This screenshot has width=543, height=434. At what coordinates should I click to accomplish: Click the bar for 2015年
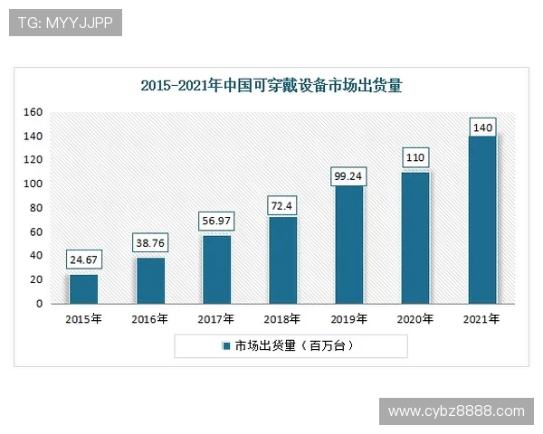click(x=83, y=288)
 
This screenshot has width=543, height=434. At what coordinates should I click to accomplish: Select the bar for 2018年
click(x=283, y=260)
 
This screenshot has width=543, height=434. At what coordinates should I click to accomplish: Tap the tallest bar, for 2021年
click(x=482, y=220)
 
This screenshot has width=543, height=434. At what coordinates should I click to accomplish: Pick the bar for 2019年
click(x=349, y=244)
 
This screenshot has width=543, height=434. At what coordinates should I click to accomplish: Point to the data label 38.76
click(x=150, y=244)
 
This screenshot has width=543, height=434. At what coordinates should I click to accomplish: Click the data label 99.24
click(x=349, y=174)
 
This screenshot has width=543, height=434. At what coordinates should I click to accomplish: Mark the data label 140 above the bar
click(x=482, y=128)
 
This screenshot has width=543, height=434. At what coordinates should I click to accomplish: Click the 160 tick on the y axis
click(x=33, y=112)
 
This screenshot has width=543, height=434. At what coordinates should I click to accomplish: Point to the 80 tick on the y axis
click(x=36, y=208)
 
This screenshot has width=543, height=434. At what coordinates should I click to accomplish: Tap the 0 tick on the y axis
click(x=40, y=304)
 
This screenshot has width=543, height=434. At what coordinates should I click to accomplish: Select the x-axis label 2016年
click(x=150, y=319)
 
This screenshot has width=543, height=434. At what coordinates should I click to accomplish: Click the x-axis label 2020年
click(x=416, y=319)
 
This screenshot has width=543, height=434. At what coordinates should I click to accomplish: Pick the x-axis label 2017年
click(x=216, y=319)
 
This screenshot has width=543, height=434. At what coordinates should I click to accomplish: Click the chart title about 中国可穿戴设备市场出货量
click(x=271, y=87)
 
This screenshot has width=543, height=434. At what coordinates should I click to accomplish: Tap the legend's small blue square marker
click(x=225, y=346)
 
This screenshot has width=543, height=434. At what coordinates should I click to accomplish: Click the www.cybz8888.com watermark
click(x=456, y=411)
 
